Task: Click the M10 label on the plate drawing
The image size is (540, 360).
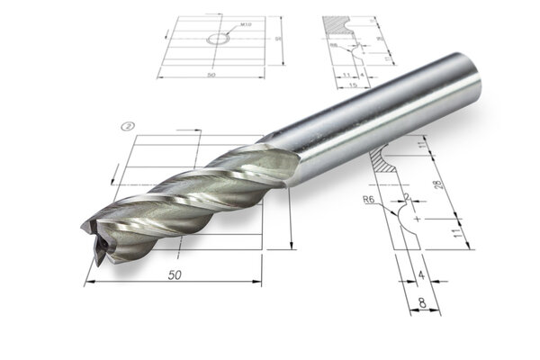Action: (247, 27)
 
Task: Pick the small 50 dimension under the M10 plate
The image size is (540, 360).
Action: (211, 75)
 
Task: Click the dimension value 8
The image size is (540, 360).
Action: (422, 301)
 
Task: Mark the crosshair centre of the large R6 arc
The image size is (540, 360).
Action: (415, 218)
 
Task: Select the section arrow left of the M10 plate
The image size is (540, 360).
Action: (166, 33)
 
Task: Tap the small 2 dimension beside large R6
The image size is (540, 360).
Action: (407, 196)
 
